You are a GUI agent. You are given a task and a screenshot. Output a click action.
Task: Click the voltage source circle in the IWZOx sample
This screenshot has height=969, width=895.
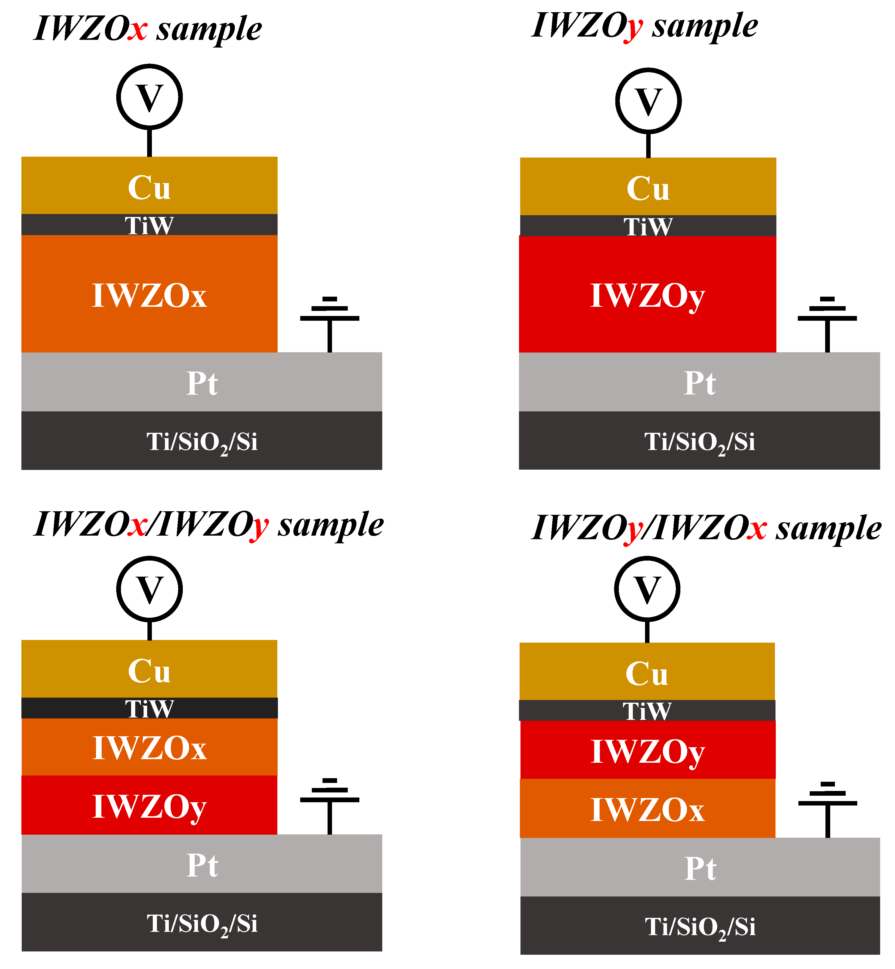point(149,97)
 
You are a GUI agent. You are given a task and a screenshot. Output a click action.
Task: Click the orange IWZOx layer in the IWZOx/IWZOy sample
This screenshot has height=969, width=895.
point(149,748)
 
